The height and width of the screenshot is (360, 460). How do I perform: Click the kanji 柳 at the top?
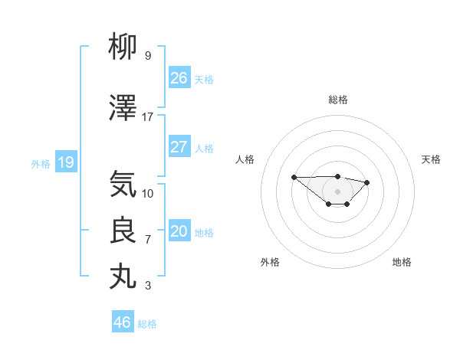click(x=123, y=47)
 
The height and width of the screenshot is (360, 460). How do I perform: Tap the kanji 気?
click(x=123, y=185)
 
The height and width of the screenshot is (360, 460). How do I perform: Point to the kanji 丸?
click(x=123, y=277)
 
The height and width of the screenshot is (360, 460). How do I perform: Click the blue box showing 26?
click(x=179, y=78)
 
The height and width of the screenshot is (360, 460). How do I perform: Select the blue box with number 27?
click(x=179, y=147)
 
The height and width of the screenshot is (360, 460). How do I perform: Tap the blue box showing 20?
click(x=179, y=231)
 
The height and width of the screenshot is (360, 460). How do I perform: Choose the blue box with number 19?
click(x=66, y=162)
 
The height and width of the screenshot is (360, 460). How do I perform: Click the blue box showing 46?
click(x=123, y=322)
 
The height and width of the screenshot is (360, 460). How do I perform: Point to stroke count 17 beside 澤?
click(x=148, y=117)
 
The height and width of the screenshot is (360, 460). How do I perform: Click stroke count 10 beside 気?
click(x=148, y=193)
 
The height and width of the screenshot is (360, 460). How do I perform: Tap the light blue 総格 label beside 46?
click(x=147, y=324)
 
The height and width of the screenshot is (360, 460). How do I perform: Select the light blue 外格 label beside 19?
click(x=41, y=164)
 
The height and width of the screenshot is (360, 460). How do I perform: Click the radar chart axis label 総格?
click(x=338, y=100)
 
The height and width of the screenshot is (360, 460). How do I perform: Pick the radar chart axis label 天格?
click(x=432, y=159)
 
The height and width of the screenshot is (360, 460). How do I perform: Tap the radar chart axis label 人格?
click(x=245, y=159)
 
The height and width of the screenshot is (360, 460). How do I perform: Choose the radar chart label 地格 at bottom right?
click(x=402, y=262)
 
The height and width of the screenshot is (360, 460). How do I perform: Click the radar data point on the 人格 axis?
click(x=294, y=177)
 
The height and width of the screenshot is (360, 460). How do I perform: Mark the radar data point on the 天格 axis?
click(x=367, y=182)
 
